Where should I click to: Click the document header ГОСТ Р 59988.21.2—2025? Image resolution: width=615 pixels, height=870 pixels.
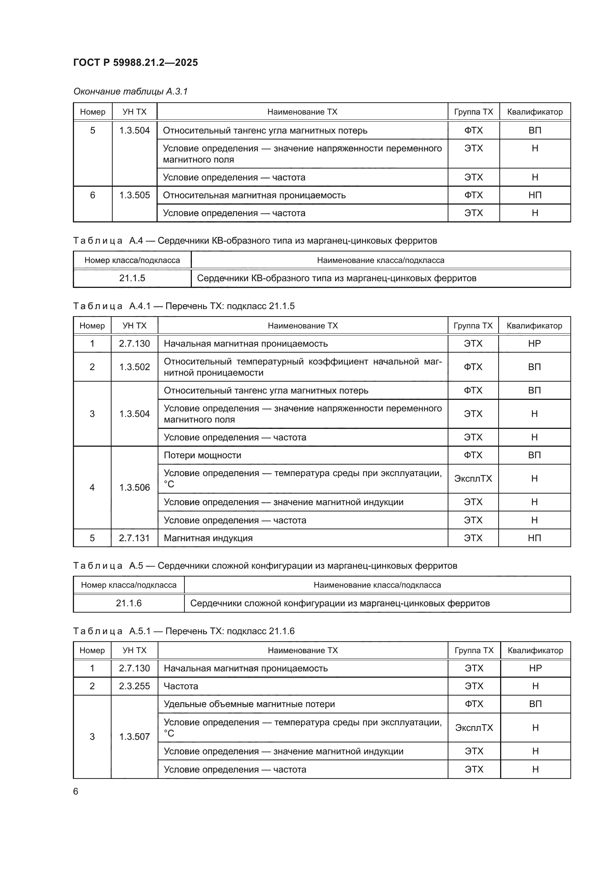(x=135, y=62)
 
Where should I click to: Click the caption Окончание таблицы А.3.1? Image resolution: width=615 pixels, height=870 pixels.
(x=130, y=92)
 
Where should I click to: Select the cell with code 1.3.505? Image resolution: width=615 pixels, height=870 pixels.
(x=135, y=195)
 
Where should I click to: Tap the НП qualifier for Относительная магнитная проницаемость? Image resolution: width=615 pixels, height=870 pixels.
(x=534, y=195)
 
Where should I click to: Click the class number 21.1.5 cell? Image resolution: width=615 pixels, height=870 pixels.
(x=132, y=278)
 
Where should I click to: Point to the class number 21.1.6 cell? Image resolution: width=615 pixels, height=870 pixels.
(x=129, y=603)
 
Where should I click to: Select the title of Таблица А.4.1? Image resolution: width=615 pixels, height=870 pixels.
(x=184, y=306)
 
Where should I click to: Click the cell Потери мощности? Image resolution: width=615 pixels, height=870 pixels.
(x=202, y=455)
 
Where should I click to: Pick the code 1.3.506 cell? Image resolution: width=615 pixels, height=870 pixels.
(x=135, y=487)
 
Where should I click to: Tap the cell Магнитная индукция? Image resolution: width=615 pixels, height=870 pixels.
(x=208, y=538)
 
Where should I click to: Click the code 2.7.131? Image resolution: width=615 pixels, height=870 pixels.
(x=135, y=538)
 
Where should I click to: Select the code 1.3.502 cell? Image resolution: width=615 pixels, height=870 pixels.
(x=135, y=367)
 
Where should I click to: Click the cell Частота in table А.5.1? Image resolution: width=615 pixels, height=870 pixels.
(x=181, y=686)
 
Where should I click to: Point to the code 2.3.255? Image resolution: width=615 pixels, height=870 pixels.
(x=135, y=686)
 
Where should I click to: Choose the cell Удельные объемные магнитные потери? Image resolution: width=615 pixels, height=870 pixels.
(x=249, y=704)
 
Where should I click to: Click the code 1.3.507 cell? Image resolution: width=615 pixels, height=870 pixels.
(x=135, y=736)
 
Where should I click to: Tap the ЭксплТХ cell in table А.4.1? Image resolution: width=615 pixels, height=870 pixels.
(x=473, y=479)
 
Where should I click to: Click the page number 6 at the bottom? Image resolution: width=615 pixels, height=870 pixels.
(x=76, y=792)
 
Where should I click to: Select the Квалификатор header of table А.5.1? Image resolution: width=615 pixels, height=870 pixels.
(x=535, y=650)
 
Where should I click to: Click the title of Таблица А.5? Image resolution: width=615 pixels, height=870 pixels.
(x=265, y=566)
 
